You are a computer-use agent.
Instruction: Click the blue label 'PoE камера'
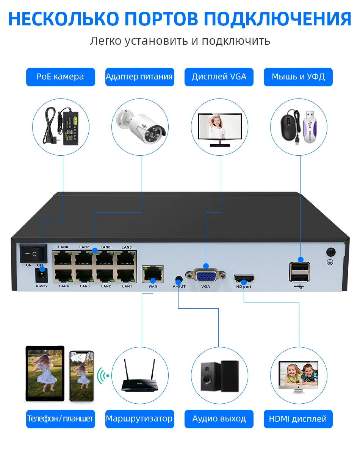pyautogui.click(x=60, y=77)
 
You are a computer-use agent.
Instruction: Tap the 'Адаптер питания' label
pyautogui.click(x=139, y=77)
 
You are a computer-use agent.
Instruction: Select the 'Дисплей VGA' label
pyautogui.click(x=219, y=77)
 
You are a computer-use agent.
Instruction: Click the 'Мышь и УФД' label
pyautogui.click(x=298, y=77)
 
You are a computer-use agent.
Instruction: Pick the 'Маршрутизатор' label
pyautogui.click(x=139, y=419)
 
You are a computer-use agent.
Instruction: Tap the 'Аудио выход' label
pyautogui.click(x=219, y=419)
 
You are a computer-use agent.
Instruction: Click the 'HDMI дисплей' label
pyautogui.click(x=298, y=419)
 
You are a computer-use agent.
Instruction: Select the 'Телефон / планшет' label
pyautogui.click(x=60, y=419)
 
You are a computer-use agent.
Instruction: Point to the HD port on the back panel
pyautogui.click(x=244, y=279)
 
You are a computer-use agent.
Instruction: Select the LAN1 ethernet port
pyautogui.click(x=127, y=275)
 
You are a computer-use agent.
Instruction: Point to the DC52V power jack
pyautogui.click(x=41, y=274)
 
